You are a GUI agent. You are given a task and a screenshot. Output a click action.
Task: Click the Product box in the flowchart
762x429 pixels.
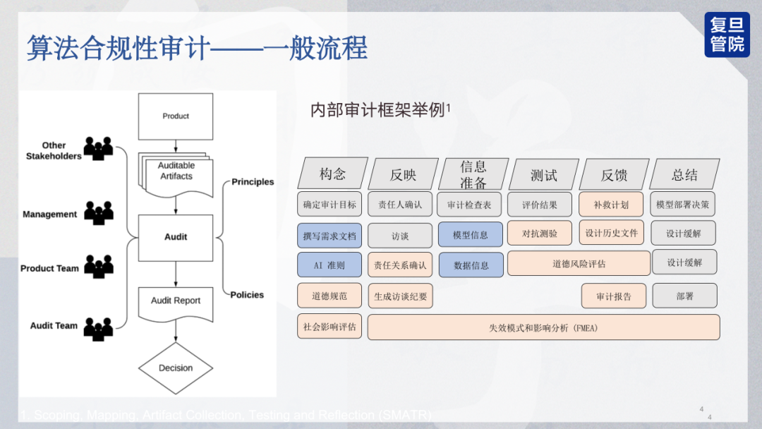[x=176, y=116]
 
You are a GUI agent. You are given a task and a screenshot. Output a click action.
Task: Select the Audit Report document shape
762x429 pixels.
[x=176, y=302]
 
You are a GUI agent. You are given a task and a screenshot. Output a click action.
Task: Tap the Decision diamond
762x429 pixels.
[x=176, y=368]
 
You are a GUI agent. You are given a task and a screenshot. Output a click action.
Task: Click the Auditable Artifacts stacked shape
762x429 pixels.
[x=176, y=172]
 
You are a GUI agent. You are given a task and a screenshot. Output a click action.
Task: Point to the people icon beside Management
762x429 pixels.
[x=99, y=212]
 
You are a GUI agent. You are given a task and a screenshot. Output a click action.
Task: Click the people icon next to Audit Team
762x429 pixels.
[x=99, y=327]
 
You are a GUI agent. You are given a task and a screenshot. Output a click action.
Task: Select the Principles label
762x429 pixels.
[x=253, y=182]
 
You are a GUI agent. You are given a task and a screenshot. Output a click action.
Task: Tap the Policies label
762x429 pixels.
[x=247, y=295]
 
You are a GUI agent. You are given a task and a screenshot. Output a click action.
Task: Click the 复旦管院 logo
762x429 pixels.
[x=727, y=35]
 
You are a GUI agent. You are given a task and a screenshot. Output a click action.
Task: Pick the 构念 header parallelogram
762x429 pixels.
[x=332, y=174]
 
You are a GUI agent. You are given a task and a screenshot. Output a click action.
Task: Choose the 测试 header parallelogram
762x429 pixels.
[x=543, y=174]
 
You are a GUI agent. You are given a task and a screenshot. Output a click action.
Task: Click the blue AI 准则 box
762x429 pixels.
[x=329, y=265]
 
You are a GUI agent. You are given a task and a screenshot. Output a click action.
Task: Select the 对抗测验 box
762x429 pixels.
[x=540, y=234]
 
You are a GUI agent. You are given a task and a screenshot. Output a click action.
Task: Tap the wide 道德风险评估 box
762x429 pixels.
[x=579, y=264]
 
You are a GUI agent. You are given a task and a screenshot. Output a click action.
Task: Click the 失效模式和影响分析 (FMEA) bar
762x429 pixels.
[x=543, y=327]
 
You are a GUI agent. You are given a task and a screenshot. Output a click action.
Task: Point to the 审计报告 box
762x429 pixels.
[x=614, y=296]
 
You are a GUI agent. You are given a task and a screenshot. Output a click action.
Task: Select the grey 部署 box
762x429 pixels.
[x=684, y=296]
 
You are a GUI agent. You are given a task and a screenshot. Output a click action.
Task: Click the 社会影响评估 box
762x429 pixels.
[x=329, y=327]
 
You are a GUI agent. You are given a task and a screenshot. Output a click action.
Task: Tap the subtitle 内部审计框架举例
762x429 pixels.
[x=379, y=110]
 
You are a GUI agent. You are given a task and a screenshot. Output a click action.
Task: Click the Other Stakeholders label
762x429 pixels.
[x=54, y=151]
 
